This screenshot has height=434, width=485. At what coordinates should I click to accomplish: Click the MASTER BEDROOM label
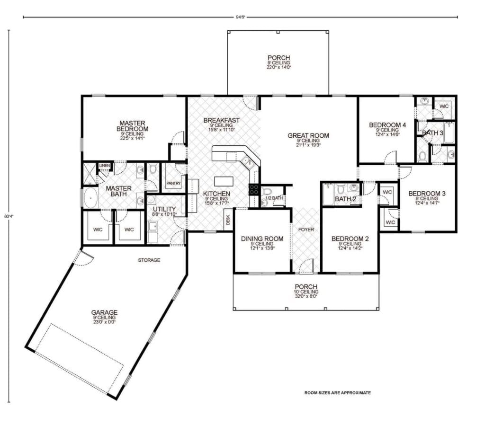click(x=134, y=125)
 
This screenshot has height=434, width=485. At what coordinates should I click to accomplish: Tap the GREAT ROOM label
click(x=308, y=136)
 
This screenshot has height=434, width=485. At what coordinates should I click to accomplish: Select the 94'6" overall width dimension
click(x=240, y=18)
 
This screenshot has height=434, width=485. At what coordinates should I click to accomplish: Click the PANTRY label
click(x=173, y=183)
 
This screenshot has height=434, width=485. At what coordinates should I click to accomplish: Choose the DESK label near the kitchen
click(x=228, y=220)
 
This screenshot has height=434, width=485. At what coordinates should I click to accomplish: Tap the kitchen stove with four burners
click(x=254, y=190)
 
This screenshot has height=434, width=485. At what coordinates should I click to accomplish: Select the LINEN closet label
click(x=104, y=165)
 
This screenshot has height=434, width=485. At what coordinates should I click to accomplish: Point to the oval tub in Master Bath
click(x=90, y=198)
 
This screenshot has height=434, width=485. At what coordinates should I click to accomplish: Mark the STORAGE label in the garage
click(x=149, y=260)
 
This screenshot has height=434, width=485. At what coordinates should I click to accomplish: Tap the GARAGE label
click(x=104, y=312)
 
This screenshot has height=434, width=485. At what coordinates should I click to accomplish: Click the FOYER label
click(x=306, y=230)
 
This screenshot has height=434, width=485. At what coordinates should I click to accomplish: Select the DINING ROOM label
click(x=262, y=239)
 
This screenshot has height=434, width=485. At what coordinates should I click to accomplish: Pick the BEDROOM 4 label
click(x=387, y=125)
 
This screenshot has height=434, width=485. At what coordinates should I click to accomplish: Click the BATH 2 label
click(x=345, y=199)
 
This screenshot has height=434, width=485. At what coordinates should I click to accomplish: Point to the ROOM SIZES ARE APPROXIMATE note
click(x=337, y=393)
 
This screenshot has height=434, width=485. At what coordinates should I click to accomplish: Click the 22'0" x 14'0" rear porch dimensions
click(x=278, y=67)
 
